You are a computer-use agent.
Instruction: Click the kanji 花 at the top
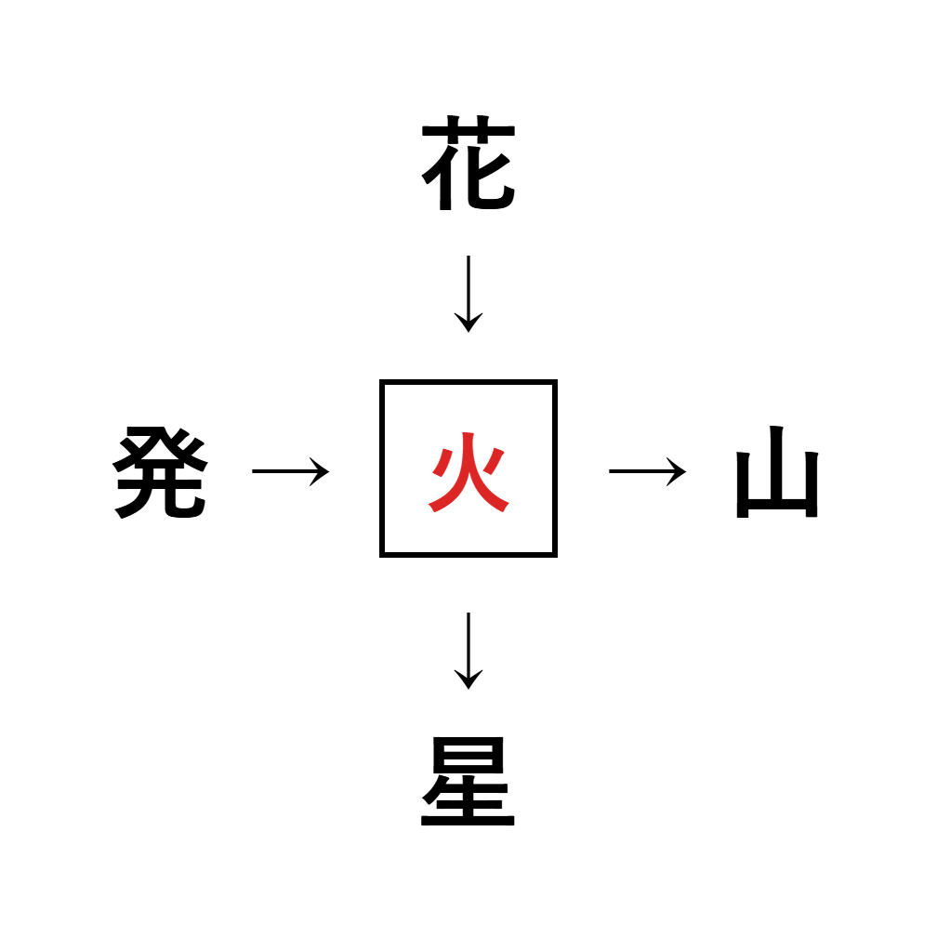point(468,163)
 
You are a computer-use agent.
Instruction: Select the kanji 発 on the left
point(160,472)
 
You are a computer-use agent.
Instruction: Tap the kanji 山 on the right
point(777,471)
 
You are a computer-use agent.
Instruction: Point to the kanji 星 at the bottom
point(468,781)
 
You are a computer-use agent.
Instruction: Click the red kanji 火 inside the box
point(468,472)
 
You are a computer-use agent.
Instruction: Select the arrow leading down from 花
point(468,294)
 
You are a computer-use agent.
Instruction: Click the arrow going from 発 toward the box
point(290,471)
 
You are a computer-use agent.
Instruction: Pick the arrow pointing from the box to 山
point(648,471)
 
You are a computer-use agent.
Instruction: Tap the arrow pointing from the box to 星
point(468,651)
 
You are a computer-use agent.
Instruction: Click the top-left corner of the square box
point(382,382)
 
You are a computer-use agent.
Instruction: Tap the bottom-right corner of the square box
point(555,555)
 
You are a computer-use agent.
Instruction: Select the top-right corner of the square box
point(555,382)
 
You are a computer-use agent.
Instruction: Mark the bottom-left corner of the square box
point(382,555)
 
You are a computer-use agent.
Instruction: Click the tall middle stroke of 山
point(776,463)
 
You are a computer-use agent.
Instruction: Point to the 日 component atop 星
point(468,755)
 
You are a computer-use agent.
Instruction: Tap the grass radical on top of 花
point(468,130)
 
